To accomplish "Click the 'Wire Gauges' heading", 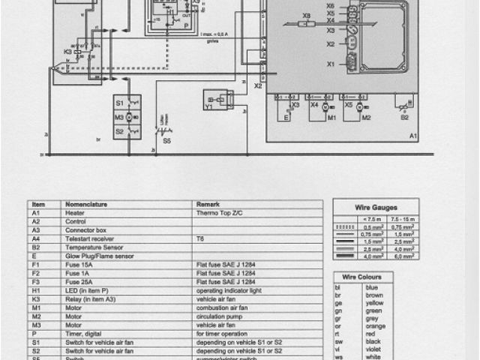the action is click(376, 207).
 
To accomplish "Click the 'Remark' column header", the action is click(207, 203).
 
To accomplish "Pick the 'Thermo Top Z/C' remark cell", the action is click(219, 213).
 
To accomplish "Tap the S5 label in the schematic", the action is click(166, 139).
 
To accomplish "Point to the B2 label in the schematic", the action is click(404, 118).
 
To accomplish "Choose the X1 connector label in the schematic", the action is click(330, 64).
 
